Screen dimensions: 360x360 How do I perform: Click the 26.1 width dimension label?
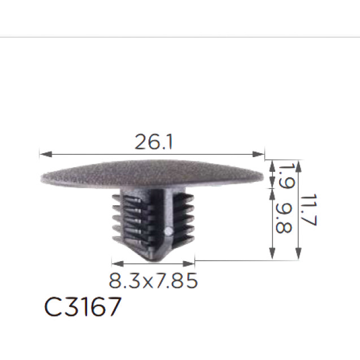[x=153, y=142]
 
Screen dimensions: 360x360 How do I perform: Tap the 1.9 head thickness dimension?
[x=287, y=176]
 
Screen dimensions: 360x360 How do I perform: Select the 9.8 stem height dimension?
[x=284, y=218]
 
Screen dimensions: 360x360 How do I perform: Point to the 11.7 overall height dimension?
[x=309, y=210]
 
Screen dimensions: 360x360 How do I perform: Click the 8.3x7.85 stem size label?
[x=153, y=280]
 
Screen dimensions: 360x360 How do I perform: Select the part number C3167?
[x=83, y=306]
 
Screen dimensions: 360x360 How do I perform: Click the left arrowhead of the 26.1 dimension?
[x=46, y=154]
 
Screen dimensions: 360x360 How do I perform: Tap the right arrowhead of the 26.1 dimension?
[x=258, y=154]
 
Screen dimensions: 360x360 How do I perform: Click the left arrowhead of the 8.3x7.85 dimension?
[x=118, y=263]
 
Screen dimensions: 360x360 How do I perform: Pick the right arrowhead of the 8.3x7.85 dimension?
[x=189, y=263]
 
